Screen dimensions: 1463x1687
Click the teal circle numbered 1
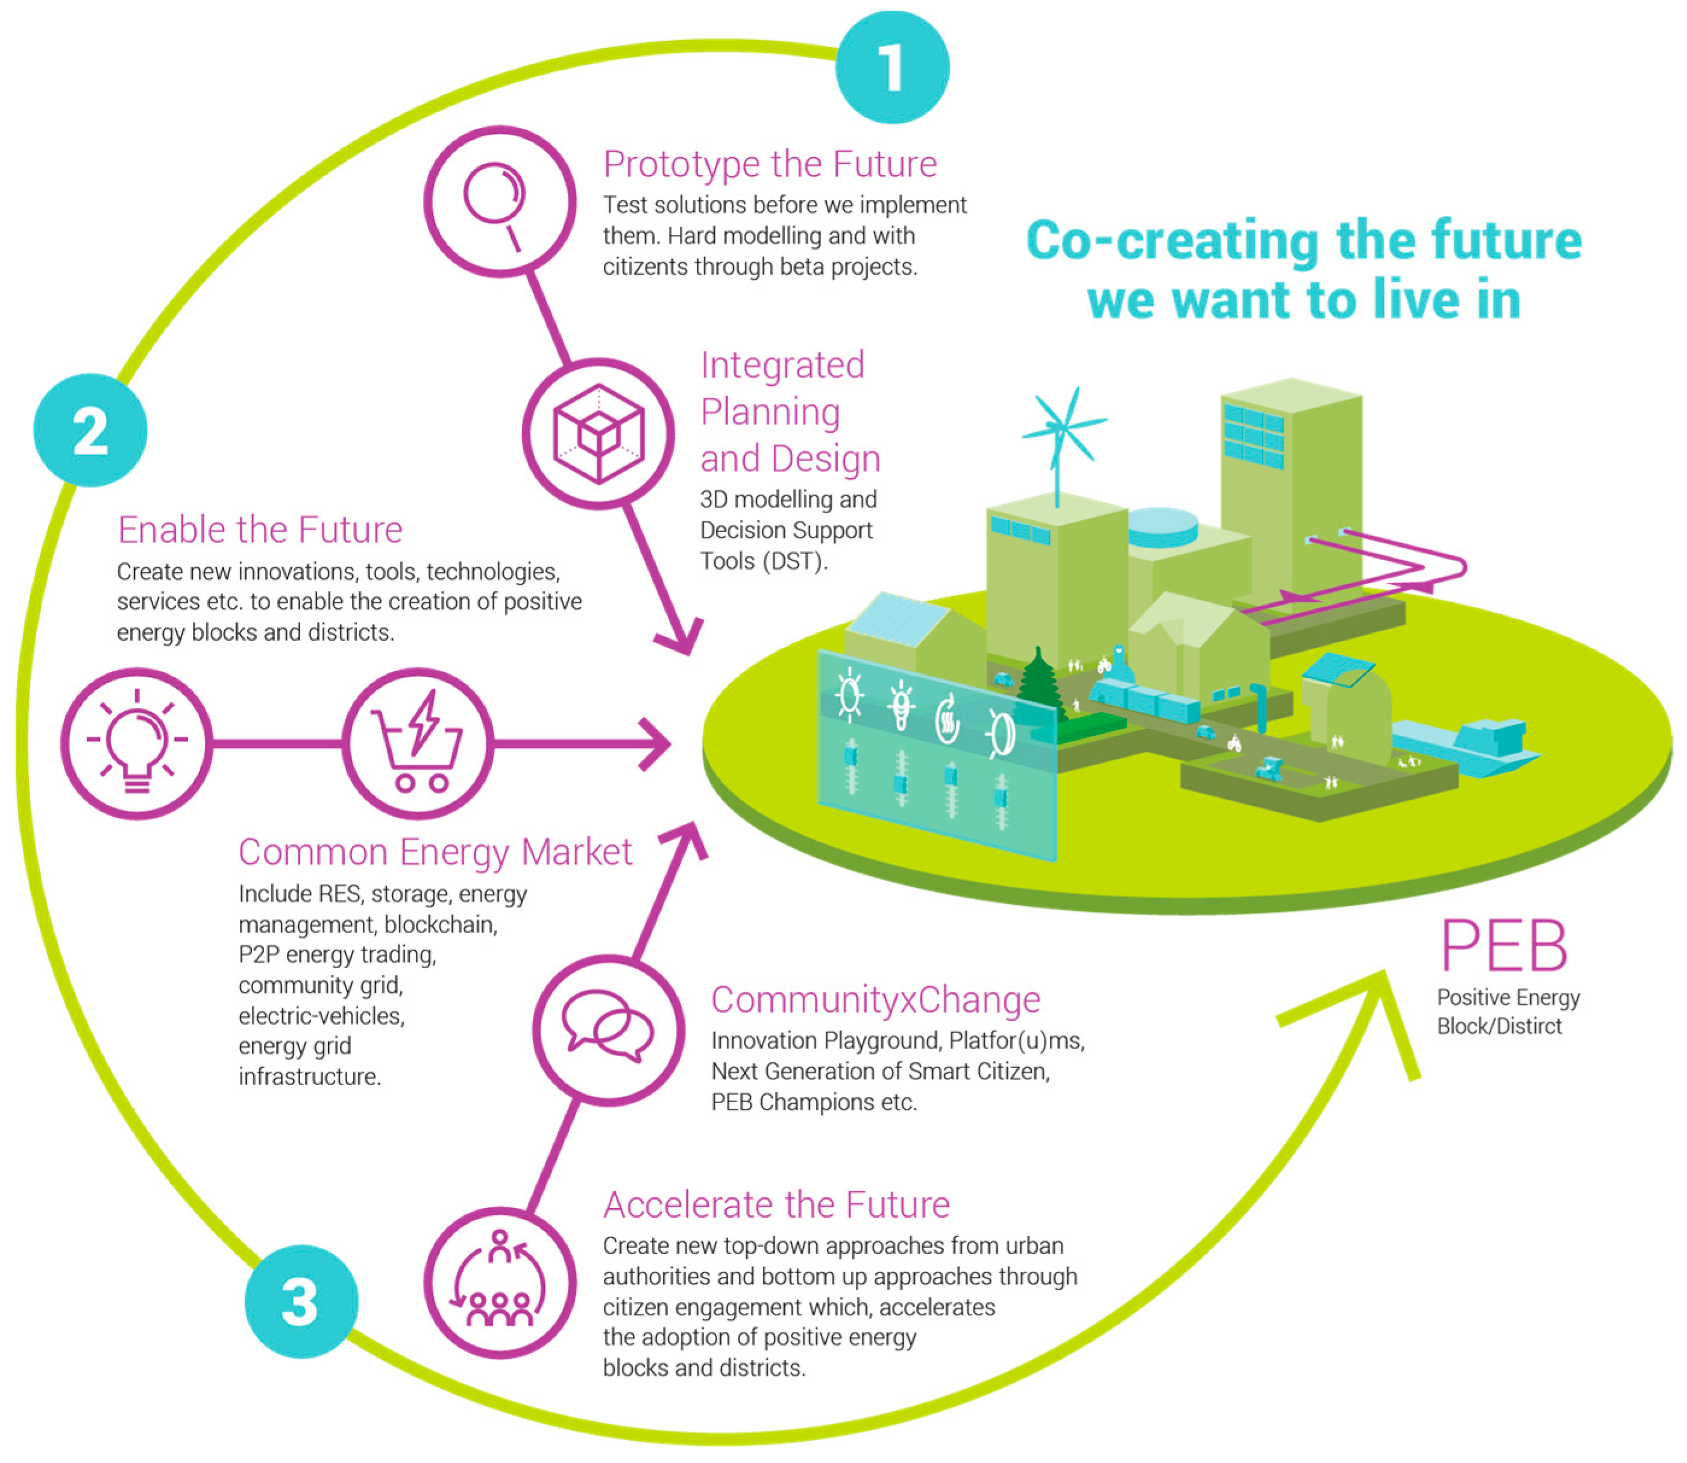click(x=891, y=67)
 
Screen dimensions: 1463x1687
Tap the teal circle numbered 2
click(x=90, y=430)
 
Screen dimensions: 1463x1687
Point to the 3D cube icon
click(x=598, y=433)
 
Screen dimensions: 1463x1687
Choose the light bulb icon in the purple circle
click(x=137, y=743)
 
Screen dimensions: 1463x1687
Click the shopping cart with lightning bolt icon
click(x=418, y=743)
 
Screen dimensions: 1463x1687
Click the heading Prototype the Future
click(x=770, y=164)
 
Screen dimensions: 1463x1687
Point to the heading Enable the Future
click(x=260, y=530)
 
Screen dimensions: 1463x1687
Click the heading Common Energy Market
click(x=435, y=852)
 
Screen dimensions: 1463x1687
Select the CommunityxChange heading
click(x=875, y=999)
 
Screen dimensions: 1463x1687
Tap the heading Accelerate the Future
click(x=776, y=1204)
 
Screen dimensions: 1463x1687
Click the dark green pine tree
click(x=1038, y=682)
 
